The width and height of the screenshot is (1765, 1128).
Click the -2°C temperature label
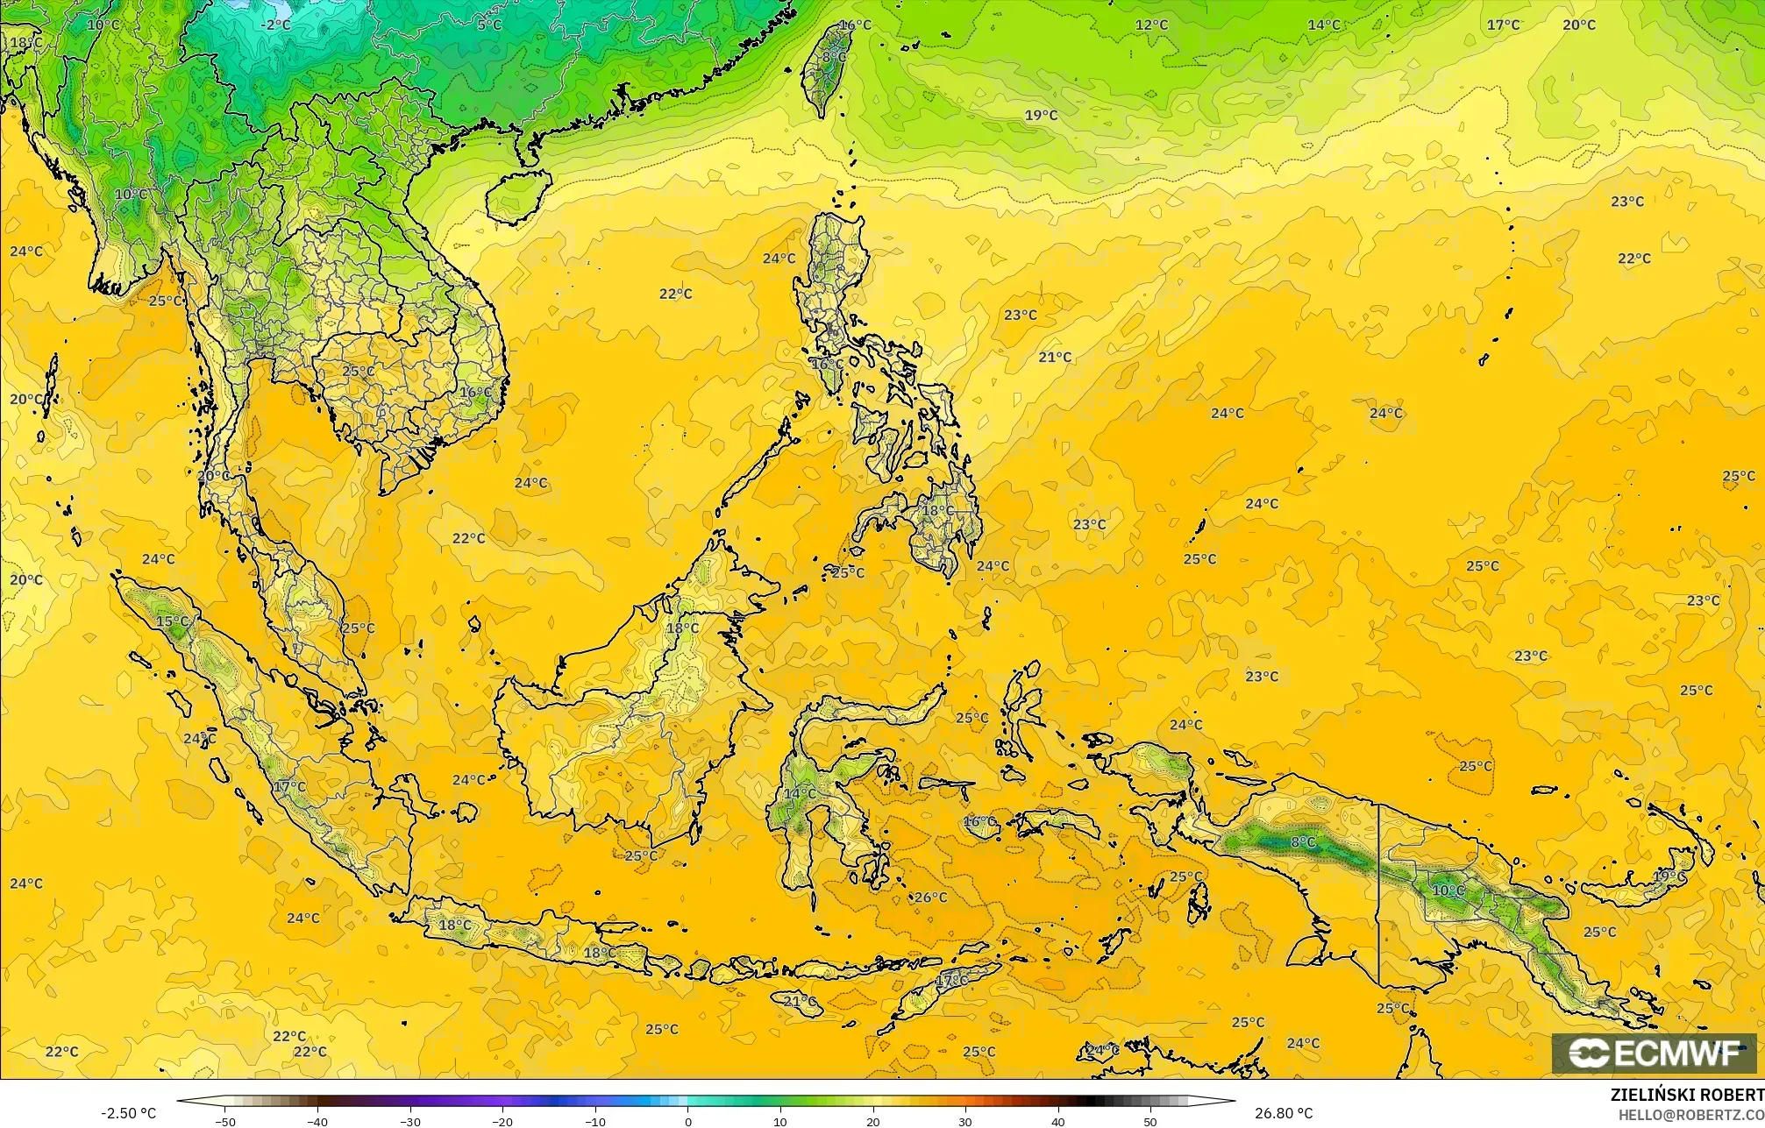[275, 25]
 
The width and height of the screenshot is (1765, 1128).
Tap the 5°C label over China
[489, 25]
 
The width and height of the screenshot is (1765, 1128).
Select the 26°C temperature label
[930, 897]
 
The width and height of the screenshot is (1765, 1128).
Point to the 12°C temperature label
[1151, 25]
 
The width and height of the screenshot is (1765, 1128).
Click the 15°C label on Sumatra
[172, 621]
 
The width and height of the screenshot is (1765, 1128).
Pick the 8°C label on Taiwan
[834, 57]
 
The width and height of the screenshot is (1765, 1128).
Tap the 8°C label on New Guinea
[1303, 842]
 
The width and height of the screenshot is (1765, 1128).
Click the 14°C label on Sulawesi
[799, 794]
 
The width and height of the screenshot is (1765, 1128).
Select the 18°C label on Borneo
[682, 628]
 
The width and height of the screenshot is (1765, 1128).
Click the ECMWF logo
[1654, 1054]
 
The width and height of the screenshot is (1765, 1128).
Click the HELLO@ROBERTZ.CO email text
[1690, 1115]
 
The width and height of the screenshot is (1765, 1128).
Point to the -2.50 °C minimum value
[128, 1113]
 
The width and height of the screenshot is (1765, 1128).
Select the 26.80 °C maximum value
[1284, 1113]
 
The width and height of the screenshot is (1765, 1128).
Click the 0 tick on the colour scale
[688, 1122]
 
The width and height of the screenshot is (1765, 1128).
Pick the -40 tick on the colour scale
[317, 1122]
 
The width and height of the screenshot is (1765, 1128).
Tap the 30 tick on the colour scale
[965, 1122]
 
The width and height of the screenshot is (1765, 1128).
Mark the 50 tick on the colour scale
[1150, 1122]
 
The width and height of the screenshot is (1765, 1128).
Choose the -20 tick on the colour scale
[502, 1122]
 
